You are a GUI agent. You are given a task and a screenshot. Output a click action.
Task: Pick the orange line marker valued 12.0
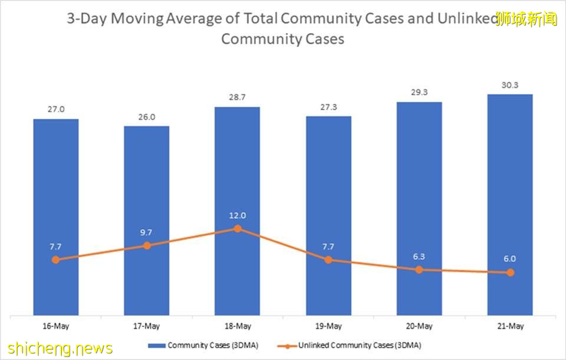tap(237, 228)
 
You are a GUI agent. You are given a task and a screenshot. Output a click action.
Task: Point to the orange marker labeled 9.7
tap(146, 245)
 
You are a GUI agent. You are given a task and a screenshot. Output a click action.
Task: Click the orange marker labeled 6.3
tap(419, 269)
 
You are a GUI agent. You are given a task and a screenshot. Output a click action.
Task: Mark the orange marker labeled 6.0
tap(510, 272)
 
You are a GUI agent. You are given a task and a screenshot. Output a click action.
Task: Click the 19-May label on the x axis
tap(328, 326)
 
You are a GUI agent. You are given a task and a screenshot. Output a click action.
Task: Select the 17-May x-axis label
tap(146, 326)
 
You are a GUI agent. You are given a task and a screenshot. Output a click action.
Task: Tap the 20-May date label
tap(419, 326)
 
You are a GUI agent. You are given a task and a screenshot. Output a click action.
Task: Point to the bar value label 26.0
tap(146, 117)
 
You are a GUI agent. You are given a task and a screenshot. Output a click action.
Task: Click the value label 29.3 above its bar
tap(419, 93)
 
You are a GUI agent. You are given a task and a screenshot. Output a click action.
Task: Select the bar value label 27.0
tap(55, 110)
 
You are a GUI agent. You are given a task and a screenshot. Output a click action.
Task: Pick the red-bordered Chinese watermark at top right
tap(526, 18)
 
